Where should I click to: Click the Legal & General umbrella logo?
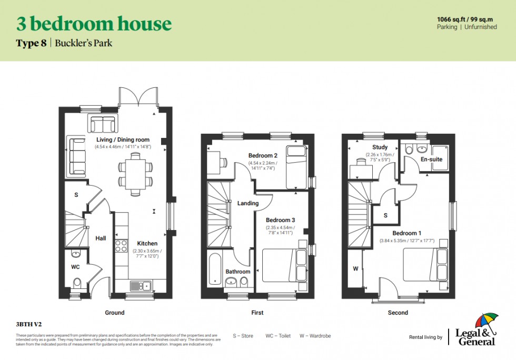point(486,322)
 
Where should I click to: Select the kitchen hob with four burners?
point(121,246)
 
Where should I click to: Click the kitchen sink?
point(140,286)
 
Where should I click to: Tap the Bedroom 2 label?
point(263,156)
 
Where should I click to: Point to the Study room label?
point(380,147)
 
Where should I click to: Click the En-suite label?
point(432,159)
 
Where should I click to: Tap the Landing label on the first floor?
point(247,203)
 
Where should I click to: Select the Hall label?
point(101,238)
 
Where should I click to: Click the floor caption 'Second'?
point(398,313)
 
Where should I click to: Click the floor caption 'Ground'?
point(114,313)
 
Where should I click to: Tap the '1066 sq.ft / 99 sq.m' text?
point(467,19)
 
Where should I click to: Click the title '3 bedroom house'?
point(94,24)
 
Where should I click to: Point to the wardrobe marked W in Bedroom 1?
point(355,268)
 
